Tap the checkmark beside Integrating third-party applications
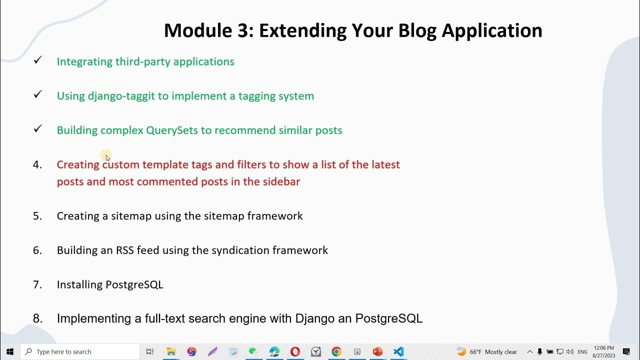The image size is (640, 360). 37,60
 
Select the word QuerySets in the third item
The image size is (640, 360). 171,130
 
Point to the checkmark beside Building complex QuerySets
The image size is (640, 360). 37,129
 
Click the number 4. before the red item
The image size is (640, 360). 37,164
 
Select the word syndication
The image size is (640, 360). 240,250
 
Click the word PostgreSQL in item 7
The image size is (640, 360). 134,285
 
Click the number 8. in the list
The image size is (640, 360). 37,318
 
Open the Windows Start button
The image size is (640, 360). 9,352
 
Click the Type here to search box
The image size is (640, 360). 80,352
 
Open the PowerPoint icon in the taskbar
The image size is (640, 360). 377,352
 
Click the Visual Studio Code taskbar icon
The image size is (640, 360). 398,352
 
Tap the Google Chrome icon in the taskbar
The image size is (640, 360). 336,352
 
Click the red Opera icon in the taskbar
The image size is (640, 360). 295,352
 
